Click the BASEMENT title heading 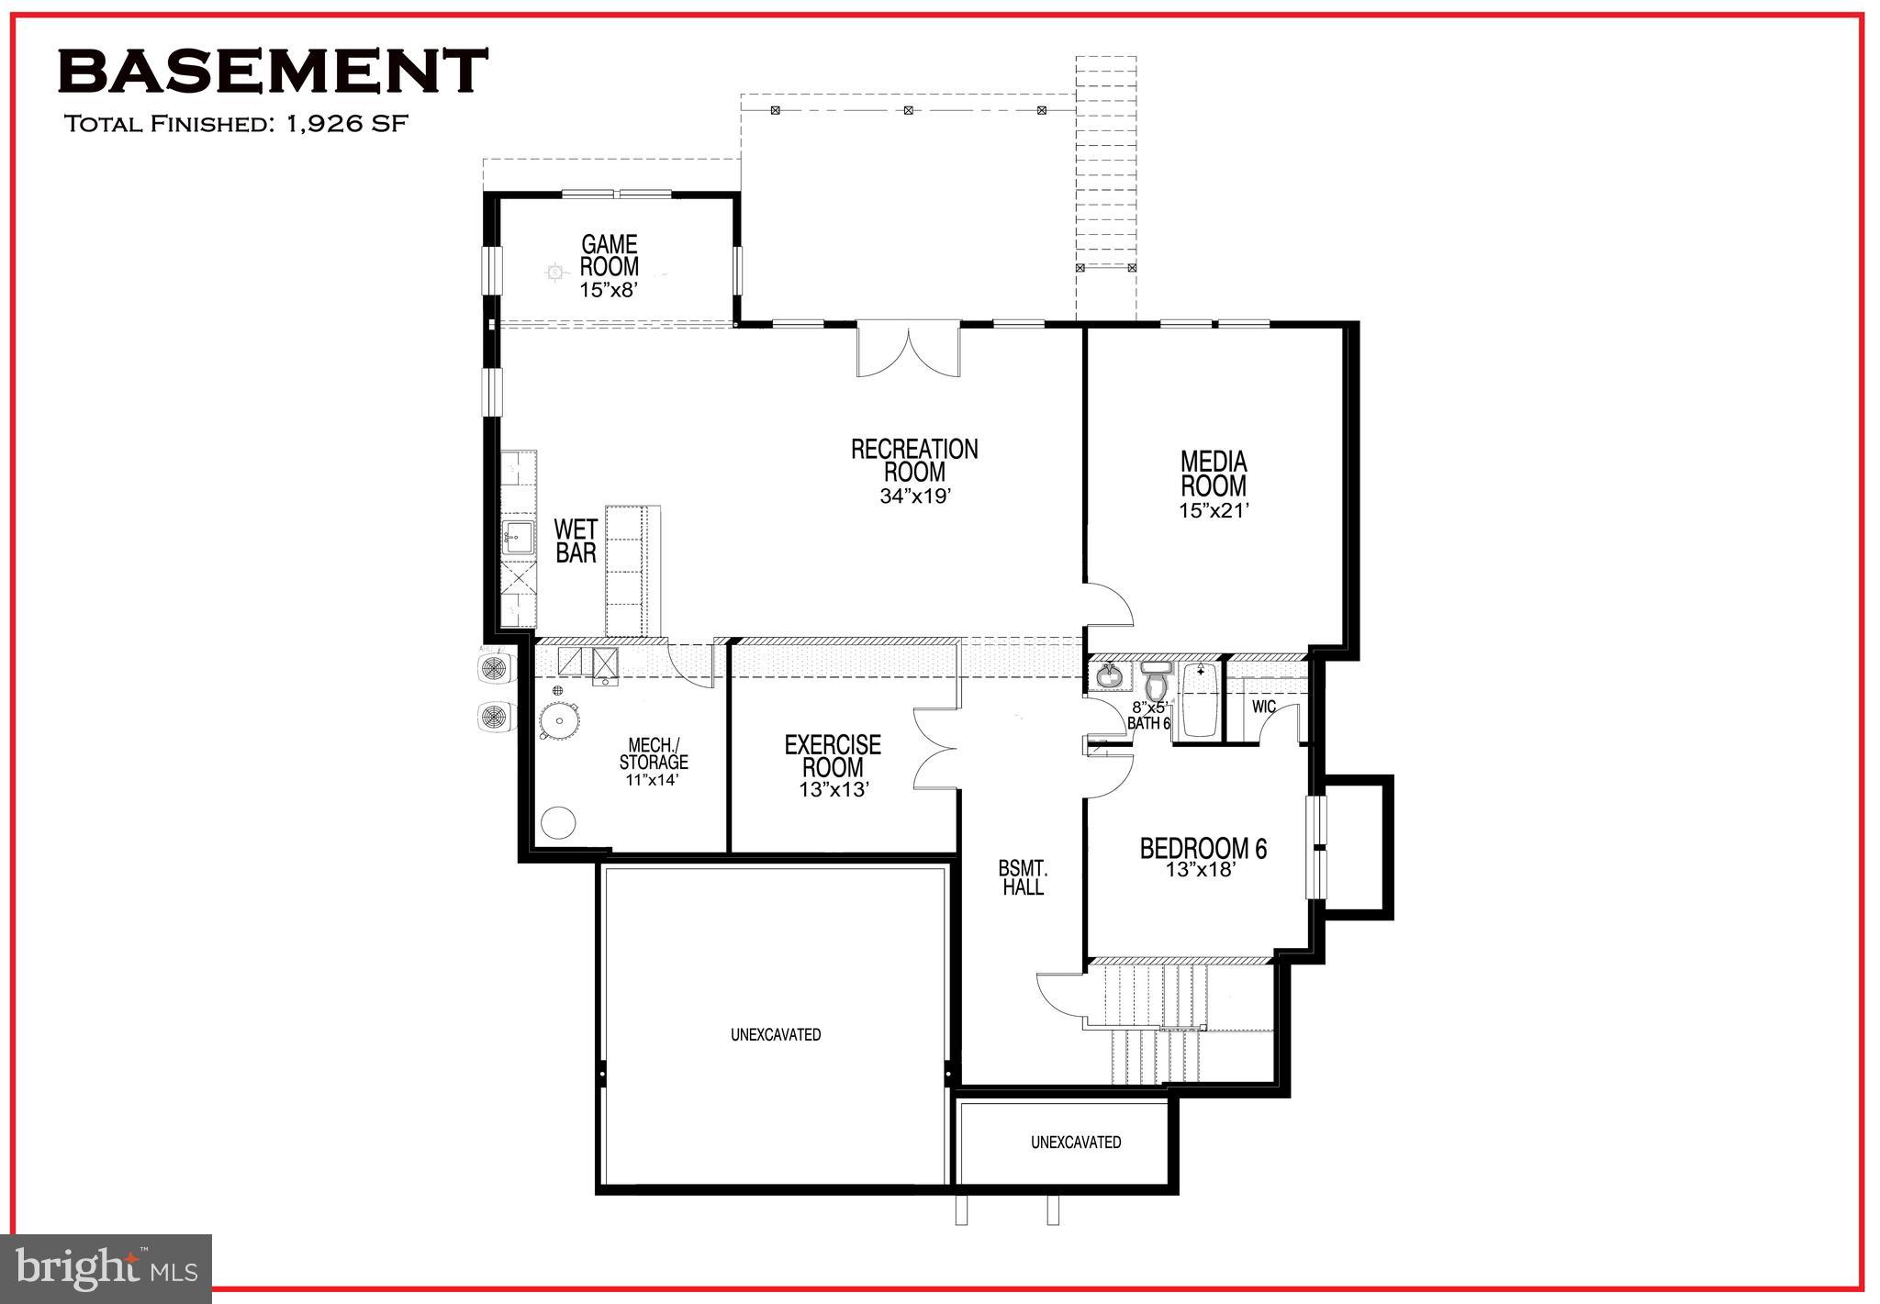pyautogui.click(x=273, y=72)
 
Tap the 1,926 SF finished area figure pyautogui.click(x=346, y=124)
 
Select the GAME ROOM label pyautogui.click(x=609, y=256)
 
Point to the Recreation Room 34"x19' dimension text pyautogui.click(x=913, y=496)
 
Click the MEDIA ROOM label pyautogui.click(x=1213, y=474)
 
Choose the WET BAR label pyautogui.click(x=576, y=541)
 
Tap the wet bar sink pyautogui.click(x=519, y=537)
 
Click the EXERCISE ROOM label pyautogui.click(x=833, y=755)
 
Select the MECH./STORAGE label pyautogui.click(x=653, y=753)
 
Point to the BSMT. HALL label pyautogui.click(x=1023, y=878)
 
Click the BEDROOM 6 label pyautogui.click(x=1203, y=849)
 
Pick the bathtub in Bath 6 pyautogui.click(x=1200, y=700)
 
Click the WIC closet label pyautogui.click(x=1263, y=707)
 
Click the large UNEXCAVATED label pyautogui.click(x=776, y=1034)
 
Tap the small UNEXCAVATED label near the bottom pyautogui.click(x=1075, y=1142)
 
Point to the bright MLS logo pyautogui.click(x=107, y=1268)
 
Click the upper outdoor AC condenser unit pyautogui.click(x=497, y=666)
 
